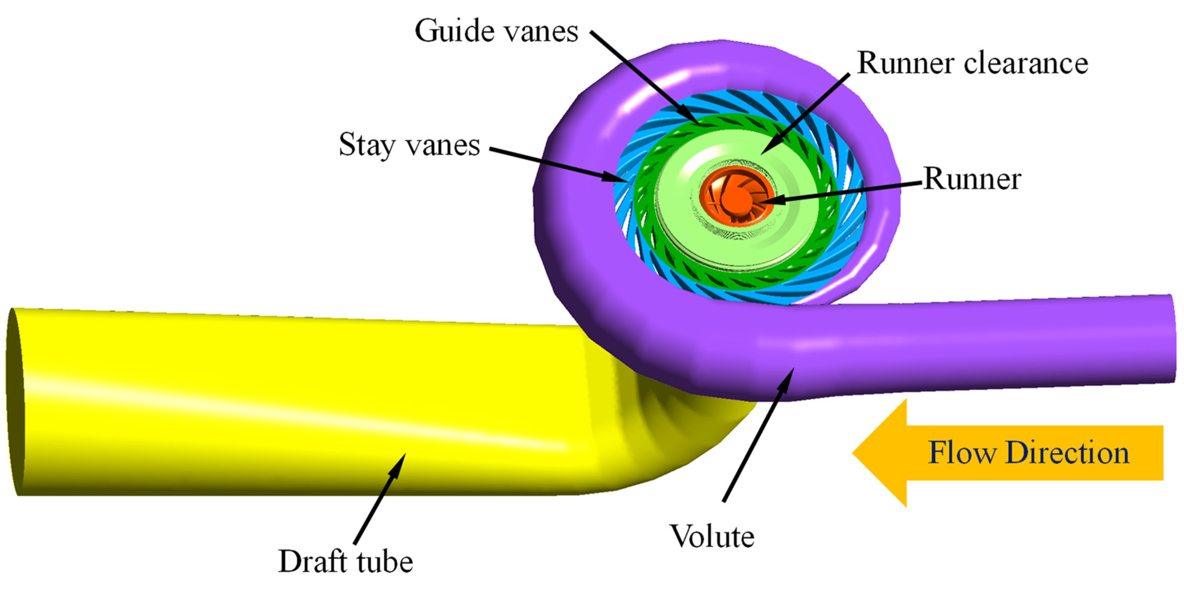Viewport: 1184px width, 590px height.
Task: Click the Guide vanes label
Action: tap(496, 31)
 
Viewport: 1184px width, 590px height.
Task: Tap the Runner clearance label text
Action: tap(973, 63)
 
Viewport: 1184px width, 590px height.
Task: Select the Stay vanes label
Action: tap(409, 145)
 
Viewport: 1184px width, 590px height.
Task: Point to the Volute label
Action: tap(712, 537)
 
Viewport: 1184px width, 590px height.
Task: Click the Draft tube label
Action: tap(346, 561)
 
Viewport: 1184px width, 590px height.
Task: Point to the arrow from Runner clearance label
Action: tap(804, 115)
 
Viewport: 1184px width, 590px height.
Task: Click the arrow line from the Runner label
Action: tap(841, 191)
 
